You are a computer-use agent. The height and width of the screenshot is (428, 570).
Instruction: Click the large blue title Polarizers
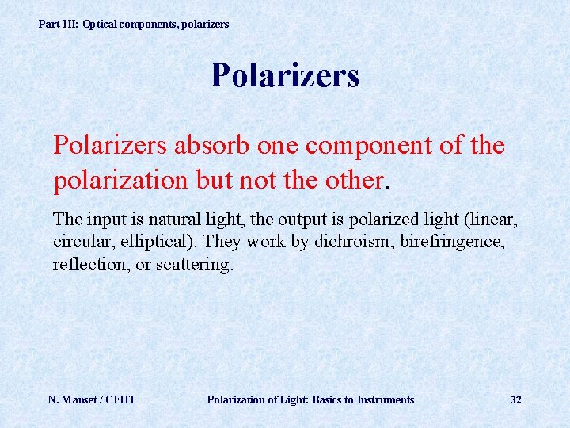tap(285, 76)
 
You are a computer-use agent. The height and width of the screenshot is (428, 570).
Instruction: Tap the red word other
tap(352, 180)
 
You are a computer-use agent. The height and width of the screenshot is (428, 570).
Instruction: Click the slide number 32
tap(515, 399)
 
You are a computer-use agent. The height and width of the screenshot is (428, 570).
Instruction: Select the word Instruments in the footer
tap(386, 399)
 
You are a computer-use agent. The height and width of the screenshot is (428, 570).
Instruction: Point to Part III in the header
tap(59, 25)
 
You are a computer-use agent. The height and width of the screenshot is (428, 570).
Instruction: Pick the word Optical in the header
tap(101, 25)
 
